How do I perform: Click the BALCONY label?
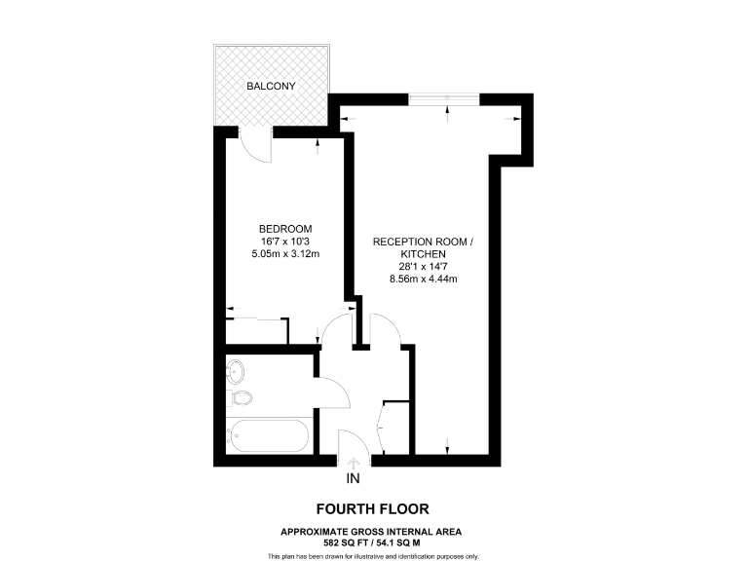point(271,87)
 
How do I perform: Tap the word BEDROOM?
point(285,229)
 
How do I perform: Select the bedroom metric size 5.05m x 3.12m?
point(285,254)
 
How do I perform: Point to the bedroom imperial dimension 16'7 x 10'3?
point(285,242)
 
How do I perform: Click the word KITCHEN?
point(424,253)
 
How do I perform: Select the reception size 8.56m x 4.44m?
point(424,279)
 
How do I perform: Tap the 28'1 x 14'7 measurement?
point(424,266)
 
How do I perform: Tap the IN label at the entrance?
point(353,479)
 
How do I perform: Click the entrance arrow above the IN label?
point(353,464)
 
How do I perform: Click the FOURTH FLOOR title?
point(372,508)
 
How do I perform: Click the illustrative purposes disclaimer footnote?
point(373,555)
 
